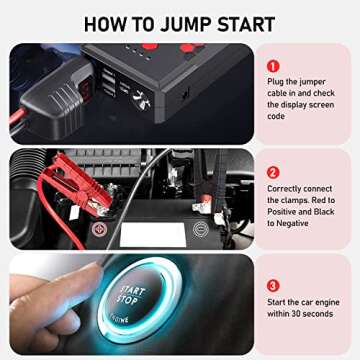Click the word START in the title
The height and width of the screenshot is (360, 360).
click(x=253, y=22)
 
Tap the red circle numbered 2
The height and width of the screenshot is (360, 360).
click(x=272, y=171)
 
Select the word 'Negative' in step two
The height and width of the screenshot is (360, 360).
click(x=296, y=224)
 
